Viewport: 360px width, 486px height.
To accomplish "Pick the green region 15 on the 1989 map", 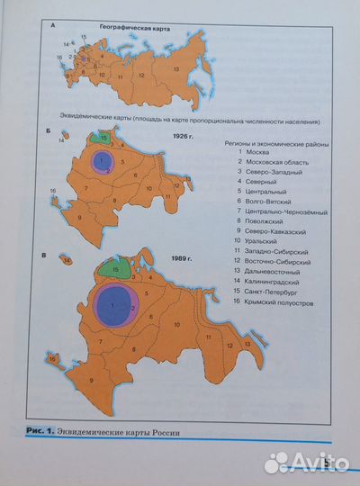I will coord(114,266).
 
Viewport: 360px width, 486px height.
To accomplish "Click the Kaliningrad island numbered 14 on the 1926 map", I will coord(60,140).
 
